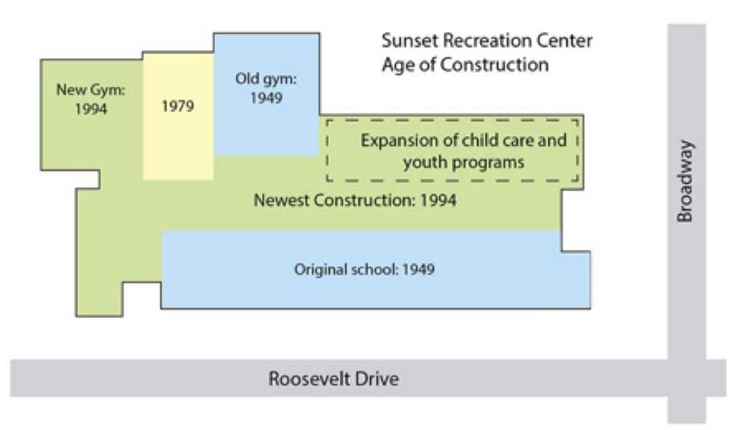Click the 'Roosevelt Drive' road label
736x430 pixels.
(333, 379)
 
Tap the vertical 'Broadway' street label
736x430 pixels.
(686, 181)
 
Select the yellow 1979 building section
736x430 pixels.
(178, 140)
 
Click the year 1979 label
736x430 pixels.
(177, 106)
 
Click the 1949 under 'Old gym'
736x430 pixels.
(266, 97)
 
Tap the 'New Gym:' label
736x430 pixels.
(91, 91)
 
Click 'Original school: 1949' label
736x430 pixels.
(364, 269)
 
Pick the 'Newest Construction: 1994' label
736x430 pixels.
(355, 200)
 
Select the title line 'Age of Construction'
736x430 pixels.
(464, 64)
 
